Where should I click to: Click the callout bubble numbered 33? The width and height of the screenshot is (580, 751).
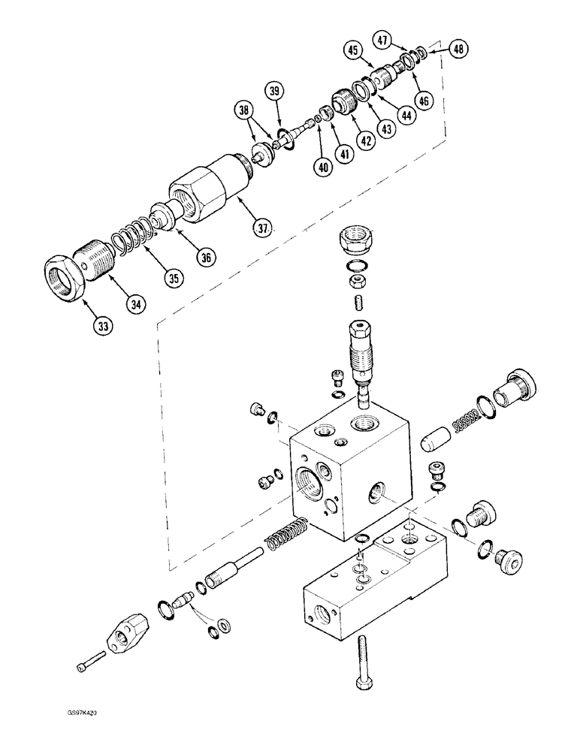point(104,325)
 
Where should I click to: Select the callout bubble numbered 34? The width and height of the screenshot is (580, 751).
point(137,304)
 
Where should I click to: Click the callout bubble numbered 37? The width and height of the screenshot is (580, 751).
point(261,226)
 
